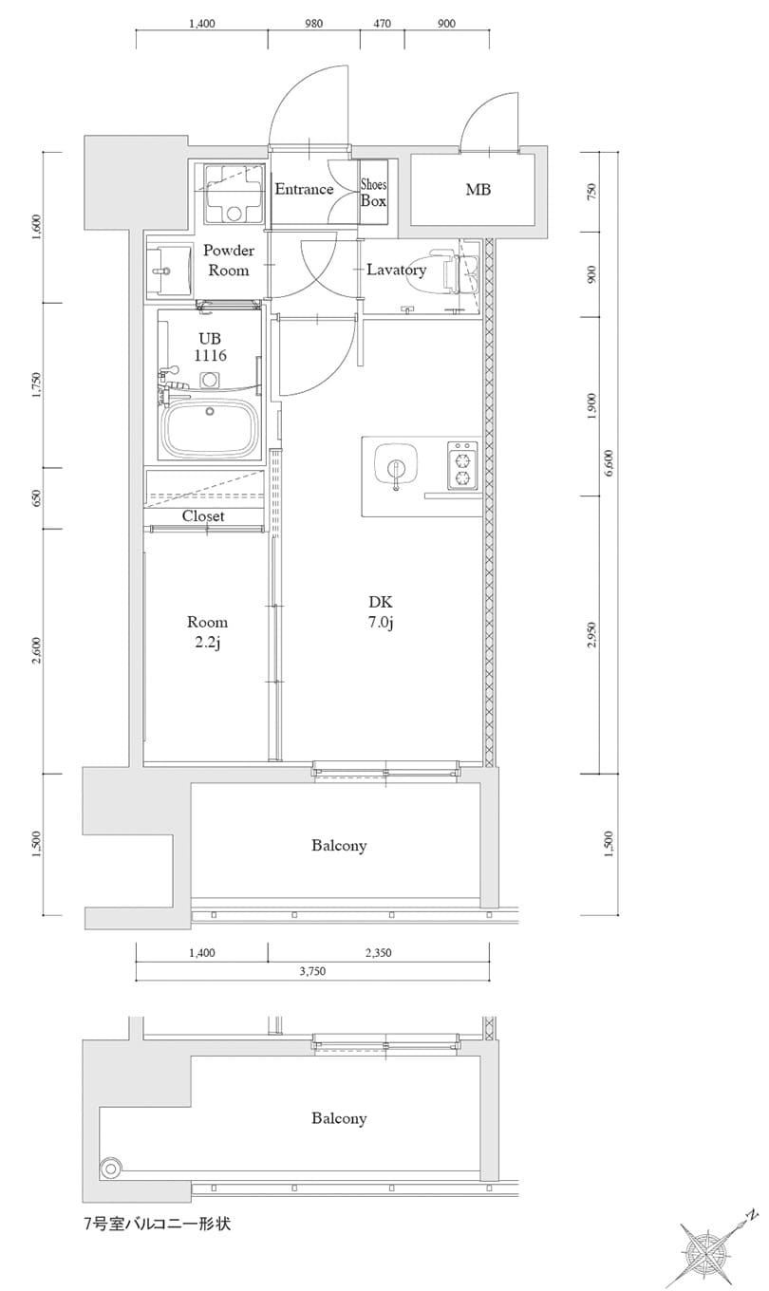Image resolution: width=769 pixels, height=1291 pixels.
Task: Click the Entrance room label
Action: [x=304, y=189]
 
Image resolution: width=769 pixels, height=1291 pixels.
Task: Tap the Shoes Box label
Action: [x=373, y=194]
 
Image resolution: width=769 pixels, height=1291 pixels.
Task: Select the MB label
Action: [x=478, y=190]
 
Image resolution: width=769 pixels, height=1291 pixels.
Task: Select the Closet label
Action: [x=203, y=516]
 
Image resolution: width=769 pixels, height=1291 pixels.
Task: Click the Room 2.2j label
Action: [x=207, y=632]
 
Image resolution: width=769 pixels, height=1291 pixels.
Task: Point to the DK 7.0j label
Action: [x=381, y=612]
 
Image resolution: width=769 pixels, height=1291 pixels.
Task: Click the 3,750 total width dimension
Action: [x=313, y=971]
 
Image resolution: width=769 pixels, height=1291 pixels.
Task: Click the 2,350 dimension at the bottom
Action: [x=377, y=952]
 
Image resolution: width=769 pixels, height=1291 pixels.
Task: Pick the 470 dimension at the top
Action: [x=383, y=24]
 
